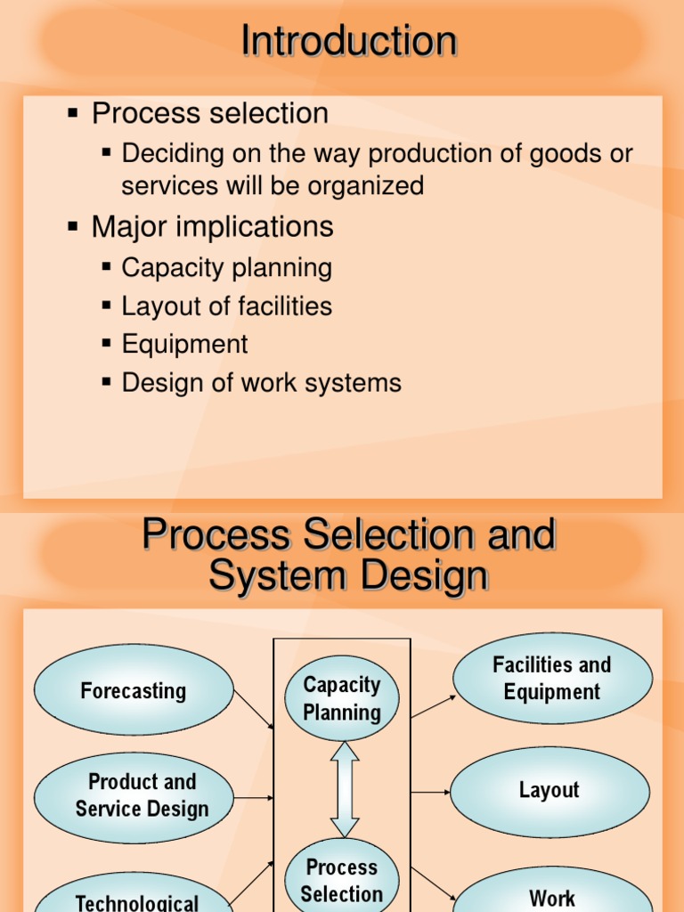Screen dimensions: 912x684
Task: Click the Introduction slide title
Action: (x=349, y=42)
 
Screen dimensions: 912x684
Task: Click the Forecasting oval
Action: (x=134, y=690)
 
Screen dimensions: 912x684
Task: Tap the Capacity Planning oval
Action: (x=342, y=698)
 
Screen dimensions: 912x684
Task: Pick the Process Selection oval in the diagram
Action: (x=342, y=880)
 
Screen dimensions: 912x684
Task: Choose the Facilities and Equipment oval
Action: (x=552, y=679)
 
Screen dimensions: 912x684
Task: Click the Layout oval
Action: (x=550, y=791)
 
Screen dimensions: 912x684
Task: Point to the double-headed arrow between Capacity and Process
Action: (x=345, y=789)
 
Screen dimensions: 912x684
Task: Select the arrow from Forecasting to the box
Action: (x=253, y=710)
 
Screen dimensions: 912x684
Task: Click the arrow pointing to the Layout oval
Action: (x=431, y=792)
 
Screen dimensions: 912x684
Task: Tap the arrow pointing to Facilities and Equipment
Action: (x=434, y=706)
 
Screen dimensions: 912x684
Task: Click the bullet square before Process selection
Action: (x=73, y=113)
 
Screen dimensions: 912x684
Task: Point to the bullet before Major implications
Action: (x=73, y=226)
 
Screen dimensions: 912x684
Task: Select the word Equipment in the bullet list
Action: (x=184, y=345)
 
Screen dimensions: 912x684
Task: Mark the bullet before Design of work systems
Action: (x=107, y=382)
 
